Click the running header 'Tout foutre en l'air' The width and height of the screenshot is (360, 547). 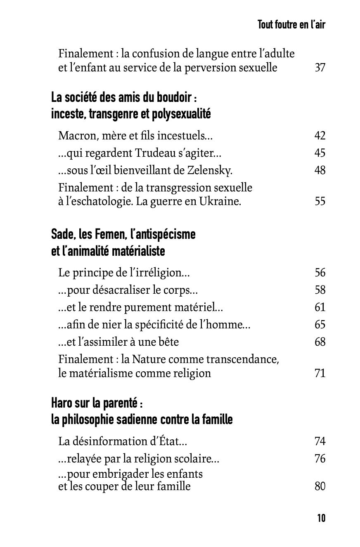[x=291, y=25]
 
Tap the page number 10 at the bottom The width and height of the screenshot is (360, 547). [x=321, y=518]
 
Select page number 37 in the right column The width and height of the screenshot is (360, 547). [x=320, y=68]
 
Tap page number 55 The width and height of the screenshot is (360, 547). [x=320, y=202]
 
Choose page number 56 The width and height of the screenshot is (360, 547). [x=320, y=273]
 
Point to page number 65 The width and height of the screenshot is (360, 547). [x=320, y=325]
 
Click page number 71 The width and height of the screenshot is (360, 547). [x=320, y=373]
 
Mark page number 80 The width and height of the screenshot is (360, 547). [x=320, y=486]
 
